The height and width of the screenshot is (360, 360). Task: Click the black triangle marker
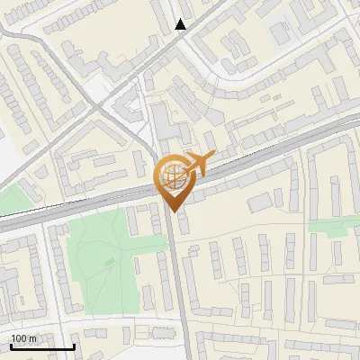(180, 24)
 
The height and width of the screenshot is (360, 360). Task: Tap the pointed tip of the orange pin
(174, 211)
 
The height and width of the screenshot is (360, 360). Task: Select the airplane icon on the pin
(198, 165)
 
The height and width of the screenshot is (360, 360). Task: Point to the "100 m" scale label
(24, 337)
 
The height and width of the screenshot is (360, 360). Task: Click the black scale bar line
(41, 346)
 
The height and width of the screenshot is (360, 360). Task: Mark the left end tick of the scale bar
(10, 345)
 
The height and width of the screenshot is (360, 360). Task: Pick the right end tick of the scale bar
(74, 345)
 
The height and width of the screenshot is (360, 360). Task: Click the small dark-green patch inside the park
(109, 262)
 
